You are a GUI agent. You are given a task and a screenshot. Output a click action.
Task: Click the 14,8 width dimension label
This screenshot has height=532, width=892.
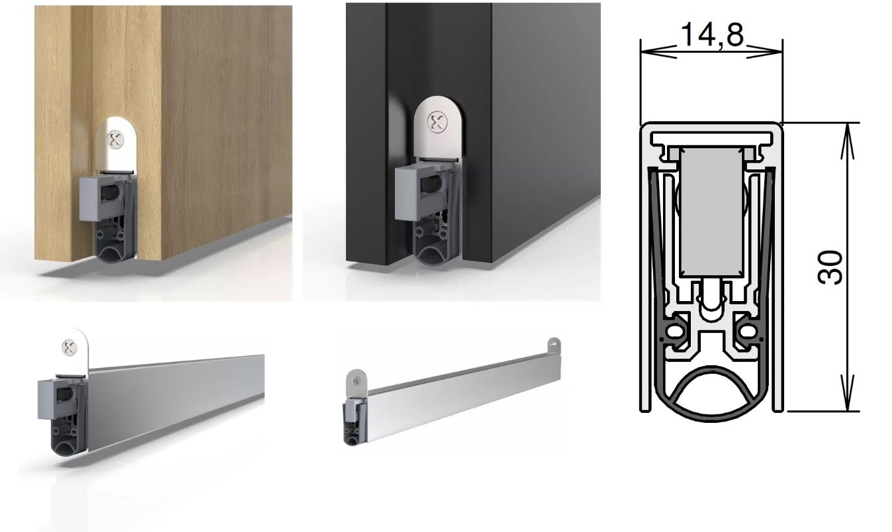pyautogui.click(x=713, y=34)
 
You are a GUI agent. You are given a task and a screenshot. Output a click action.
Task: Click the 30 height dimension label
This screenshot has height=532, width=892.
pyautogui.click(x=830, y=267)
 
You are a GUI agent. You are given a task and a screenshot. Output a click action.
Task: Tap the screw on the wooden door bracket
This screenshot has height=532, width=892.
pyautogui.click(x=116, y=140)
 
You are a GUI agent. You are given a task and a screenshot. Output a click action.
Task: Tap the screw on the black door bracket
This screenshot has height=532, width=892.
pyautogui.click(x=437, y=122)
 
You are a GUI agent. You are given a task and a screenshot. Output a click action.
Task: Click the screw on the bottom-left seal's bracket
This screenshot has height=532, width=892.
pyautogui.click(x=69, y=347)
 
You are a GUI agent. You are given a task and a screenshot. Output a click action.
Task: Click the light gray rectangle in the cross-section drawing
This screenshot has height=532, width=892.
pyautogui.click(x=711, y=212)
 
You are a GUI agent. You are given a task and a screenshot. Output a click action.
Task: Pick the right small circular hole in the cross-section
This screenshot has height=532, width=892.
pyautogui.click(x=748, y=331)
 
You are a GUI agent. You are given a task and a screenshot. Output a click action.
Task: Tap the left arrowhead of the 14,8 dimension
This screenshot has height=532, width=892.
pyautogui.click(x=658, y=52)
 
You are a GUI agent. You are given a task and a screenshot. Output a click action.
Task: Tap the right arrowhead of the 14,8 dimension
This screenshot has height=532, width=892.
pyautogui.click(x=764, y=52)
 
